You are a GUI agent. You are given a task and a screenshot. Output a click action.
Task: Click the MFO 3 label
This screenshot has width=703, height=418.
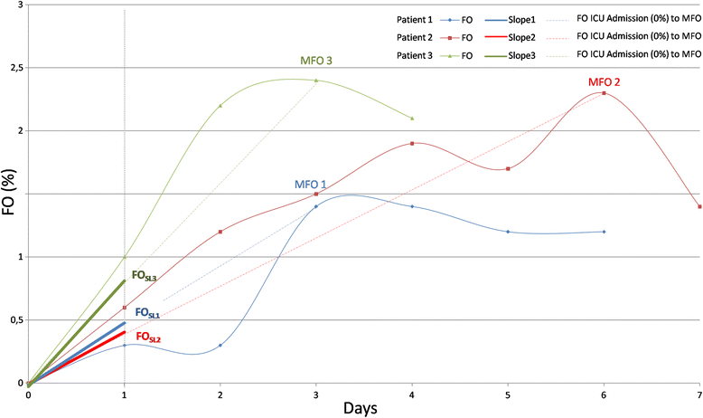(x=316, y=62)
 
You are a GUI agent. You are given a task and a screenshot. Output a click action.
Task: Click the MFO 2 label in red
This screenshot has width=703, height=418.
(x=605, y=81)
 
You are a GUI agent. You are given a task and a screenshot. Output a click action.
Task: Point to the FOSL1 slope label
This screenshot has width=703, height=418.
(x=148, y=312)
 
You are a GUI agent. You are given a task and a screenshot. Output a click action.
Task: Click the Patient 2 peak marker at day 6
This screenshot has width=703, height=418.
(x=604, y=93)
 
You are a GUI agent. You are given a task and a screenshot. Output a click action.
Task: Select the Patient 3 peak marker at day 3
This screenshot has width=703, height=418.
(x=316, y=81)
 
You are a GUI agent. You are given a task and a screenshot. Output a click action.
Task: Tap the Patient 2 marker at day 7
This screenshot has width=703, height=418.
(x=699, y=206)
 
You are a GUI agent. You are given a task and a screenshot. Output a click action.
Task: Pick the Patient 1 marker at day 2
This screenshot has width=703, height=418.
(x=220, y=345)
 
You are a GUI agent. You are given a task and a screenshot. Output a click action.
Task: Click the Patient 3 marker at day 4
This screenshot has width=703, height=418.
(x=412, y=119)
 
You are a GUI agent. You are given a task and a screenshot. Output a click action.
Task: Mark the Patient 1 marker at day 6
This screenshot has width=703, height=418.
(x=604, y=232)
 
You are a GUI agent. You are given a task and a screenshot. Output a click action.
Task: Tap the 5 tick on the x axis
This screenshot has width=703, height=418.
(x=508, y=395)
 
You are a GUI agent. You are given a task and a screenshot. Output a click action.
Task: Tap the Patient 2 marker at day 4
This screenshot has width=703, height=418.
(x=412, y=143)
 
